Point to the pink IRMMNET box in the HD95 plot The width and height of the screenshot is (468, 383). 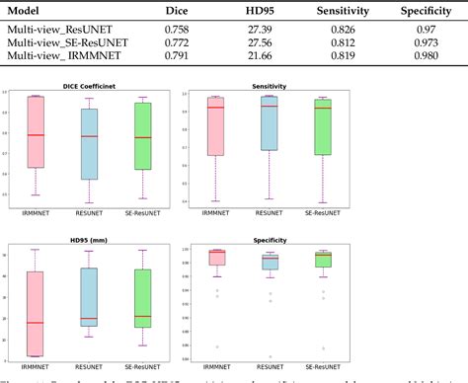pos(37,314)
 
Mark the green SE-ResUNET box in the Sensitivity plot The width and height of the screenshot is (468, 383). pos(323,127)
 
